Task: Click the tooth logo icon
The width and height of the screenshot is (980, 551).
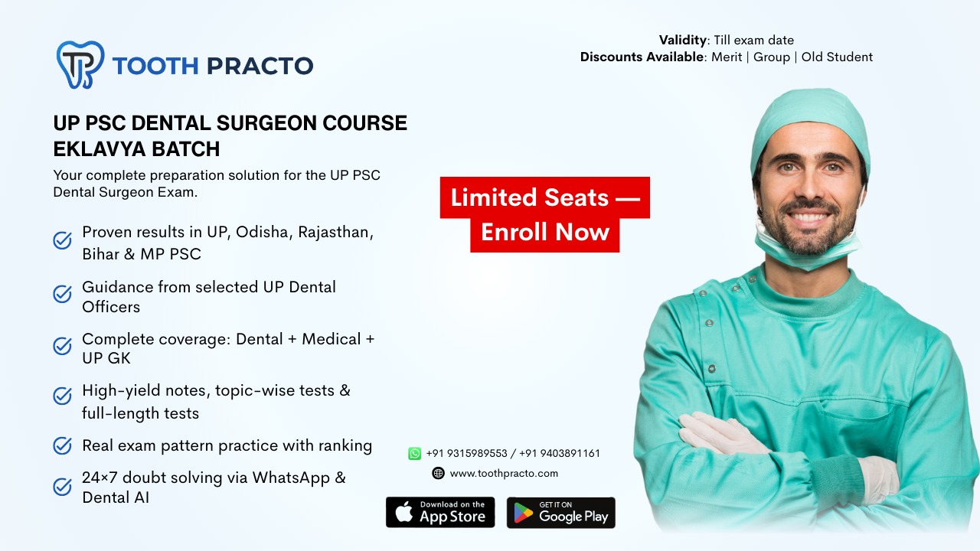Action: tap(80, 64)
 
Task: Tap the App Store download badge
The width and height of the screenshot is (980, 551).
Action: tap(440, 512)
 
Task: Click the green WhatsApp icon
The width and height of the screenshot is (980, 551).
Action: tap(415, 453)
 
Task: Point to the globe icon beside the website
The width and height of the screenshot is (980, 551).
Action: tap(438, 473)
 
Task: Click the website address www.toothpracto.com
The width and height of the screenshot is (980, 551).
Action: tap(504, 473)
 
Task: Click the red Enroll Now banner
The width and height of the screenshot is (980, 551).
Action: tap(545, 232)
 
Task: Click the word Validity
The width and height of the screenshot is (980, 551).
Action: tap(682, 40)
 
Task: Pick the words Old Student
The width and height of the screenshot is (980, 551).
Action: tap(837, 57)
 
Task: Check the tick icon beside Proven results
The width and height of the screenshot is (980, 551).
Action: tap(62, 241)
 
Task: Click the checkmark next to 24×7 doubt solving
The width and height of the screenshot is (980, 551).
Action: tap(62, 487)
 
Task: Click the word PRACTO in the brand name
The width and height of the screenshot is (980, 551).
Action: tap(260, 66)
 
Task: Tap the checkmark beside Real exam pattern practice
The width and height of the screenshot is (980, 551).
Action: tap(62, 445)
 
